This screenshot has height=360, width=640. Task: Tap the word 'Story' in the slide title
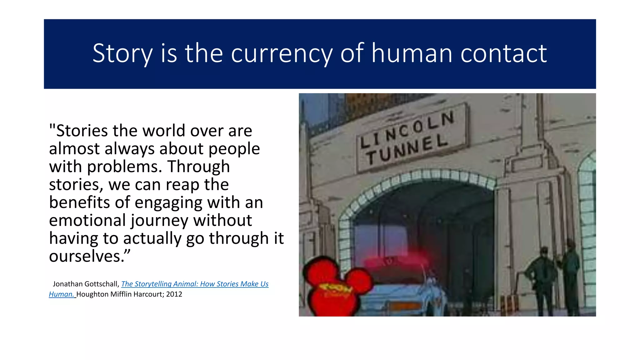coord(122,54)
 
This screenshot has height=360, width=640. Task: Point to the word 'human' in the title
coord(412,54)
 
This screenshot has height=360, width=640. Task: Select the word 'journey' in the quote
coord(159,221)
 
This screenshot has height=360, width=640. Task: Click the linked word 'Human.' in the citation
coord(62,294)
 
